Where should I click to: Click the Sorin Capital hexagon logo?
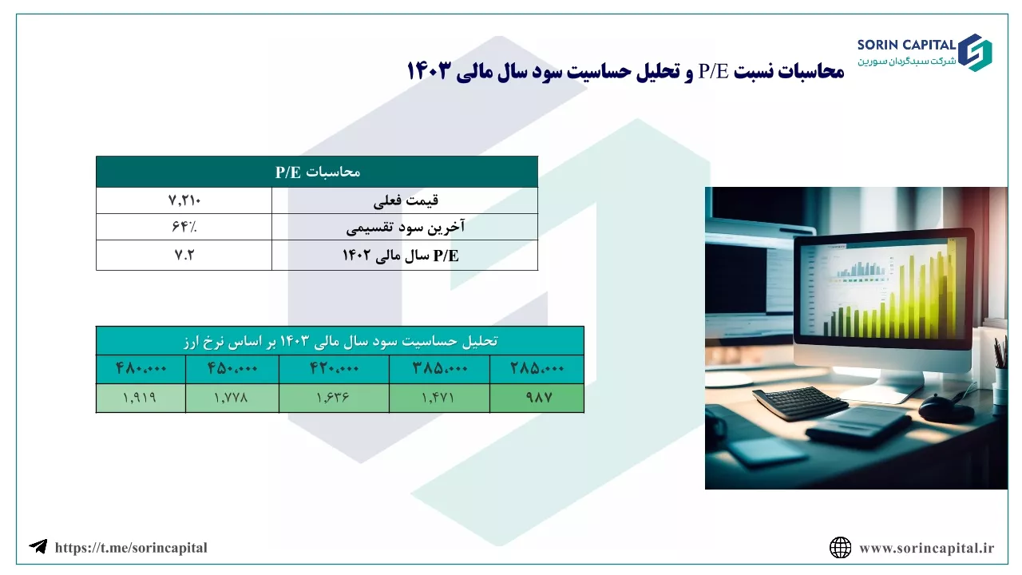pyautogui.click(x=975, y=53)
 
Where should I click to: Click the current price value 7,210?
pyautogui.click(x=184, y=200)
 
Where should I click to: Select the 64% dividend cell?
pyautogui.click(x=184, y=227)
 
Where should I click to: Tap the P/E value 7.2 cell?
pyautogui.click(x=184, y=255)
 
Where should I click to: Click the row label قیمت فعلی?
pyautogui.click(x=406, y=200)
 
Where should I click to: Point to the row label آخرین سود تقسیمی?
pyautogui.click(x=405, y=227)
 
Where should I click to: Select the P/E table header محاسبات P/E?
pyautogui.click(x=317, y=172)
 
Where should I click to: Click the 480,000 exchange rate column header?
pyautogui.click(x=141, y=369)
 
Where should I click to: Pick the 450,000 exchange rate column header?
pyautogui.click(x=232, y=369)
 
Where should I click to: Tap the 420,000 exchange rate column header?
pyautogui.click(x=334, y=369)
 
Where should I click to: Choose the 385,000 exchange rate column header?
pyautogui.click(x=439, y=369)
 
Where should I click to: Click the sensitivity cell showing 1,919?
pyautogui.click(x=141, y=398)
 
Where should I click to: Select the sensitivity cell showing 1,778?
pyautogui.click(x=232, y=398)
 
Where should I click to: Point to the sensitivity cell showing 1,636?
pyautogui.click(x=334, y=398)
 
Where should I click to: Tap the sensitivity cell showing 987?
pyautogui.click(x=537, y=398)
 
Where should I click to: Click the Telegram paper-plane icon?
pyautogui.click(x=38, y=546)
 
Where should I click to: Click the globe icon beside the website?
pyautogui.click(x=840, y=548)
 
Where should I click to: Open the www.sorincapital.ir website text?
pyautogui.click(x=927, y=548)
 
